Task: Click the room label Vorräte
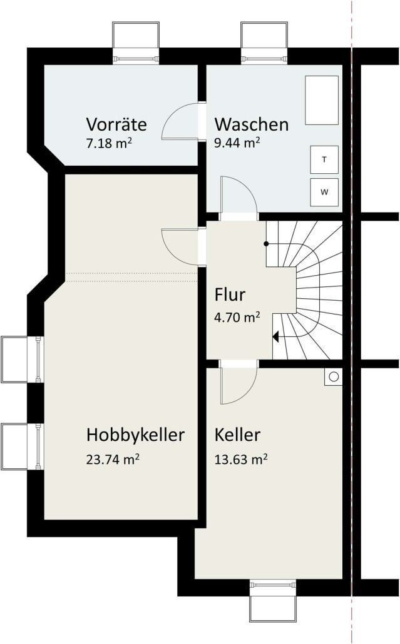[117, 124]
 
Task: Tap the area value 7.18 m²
[109, 143]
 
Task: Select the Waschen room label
[252, 124]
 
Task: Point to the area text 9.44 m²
[237, 143]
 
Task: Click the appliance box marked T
[324, 159]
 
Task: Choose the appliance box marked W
[324, 192]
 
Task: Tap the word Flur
[229, 294]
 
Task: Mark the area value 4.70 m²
[237, 317]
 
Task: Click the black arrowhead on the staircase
[275, 336]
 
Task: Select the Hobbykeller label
[136, 435]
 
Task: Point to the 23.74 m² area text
[113, 460]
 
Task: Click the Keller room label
[237, 435]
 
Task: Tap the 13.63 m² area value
[241, 460]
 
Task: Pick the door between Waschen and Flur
[238, 197]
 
